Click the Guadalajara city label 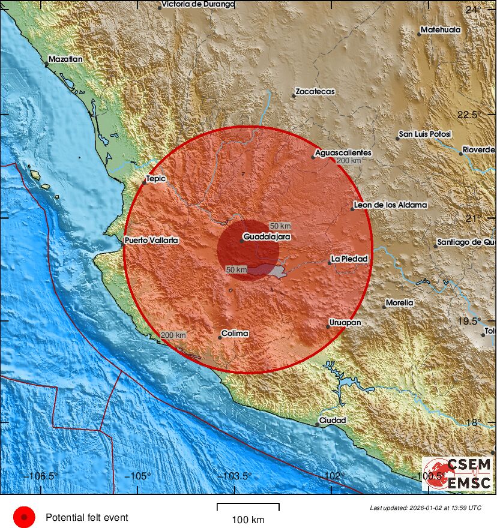click(x=267, y=237)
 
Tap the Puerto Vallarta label click(x=151, y=240)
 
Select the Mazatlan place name click(x=65, y=59)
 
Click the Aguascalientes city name click(x=343, y=153)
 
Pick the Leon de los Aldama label click(x=391, y=205)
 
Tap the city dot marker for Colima click(x=220, y=337)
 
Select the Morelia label click(x=400, y=303)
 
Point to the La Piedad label click(x=349, y=259)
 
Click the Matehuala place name click(x=441, y=29)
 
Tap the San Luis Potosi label click(x=425, y=134)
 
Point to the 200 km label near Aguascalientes click(x=349, y=161)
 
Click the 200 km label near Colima click(x=173, y=335)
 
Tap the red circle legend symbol click(x=24, y=517)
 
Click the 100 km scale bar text click(x=248, y=520)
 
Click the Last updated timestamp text click(x=426, y=508)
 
